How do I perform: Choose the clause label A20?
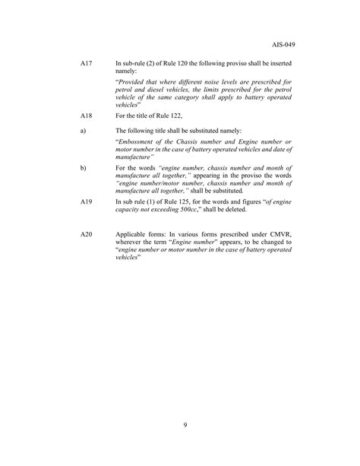click(x=86, y=235)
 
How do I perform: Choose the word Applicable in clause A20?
click(x=131, y=235)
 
